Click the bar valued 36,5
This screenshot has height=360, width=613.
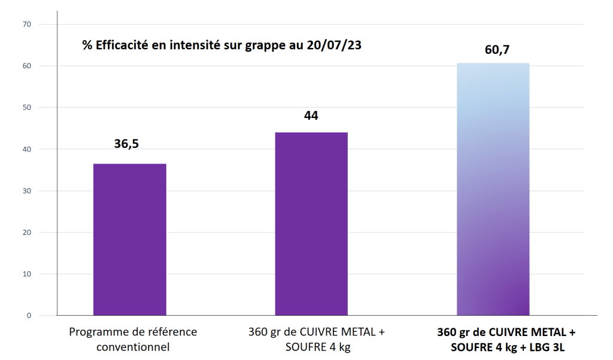[130, 239]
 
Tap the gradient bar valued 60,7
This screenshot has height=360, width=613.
[493, 189]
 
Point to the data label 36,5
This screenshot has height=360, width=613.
[131, 144]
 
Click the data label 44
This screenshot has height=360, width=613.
[311, 116]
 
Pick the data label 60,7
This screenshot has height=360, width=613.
[497, 49]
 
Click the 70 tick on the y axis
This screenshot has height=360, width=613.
[26, 24]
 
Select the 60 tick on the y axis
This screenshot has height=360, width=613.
[26, 66]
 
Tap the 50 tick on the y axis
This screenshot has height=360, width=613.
[26, 107]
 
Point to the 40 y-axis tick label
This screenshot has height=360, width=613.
[26, 149]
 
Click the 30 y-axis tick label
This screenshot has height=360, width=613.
[26, 190]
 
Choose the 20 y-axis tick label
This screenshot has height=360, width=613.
[26, 232]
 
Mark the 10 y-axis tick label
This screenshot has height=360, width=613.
[26, 274]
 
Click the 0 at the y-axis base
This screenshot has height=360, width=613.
[29, 316]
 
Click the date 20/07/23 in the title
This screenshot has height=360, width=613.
[333, 46]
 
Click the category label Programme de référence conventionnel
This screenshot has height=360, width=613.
[132, 338]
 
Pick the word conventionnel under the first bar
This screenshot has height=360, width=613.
[132, 346]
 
